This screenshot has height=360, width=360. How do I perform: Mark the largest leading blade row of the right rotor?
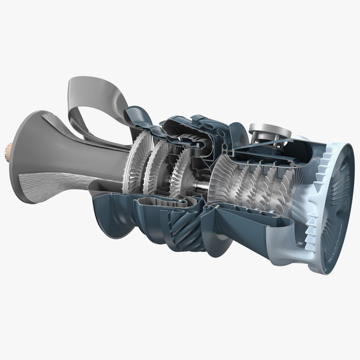[227, 180]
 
